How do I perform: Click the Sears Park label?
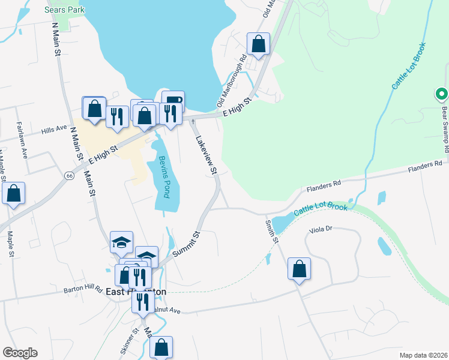click(x=65, y=10)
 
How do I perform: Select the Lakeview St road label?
click(x=205, y=154)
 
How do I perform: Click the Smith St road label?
click(x=272, y=231)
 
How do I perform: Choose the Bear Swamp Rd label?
click(x=445, y=126)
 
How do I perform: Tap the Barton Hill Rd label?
click(x=83, y=289)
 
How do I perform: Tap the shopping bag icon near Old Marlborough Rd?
click(x=258, y=44)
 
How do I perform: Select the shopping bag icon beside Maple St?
click(x=13, y=193)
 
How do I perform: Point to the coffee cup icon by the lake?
click(x=173, y=100)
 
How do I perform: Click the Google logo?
click(x=20, y=353)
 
